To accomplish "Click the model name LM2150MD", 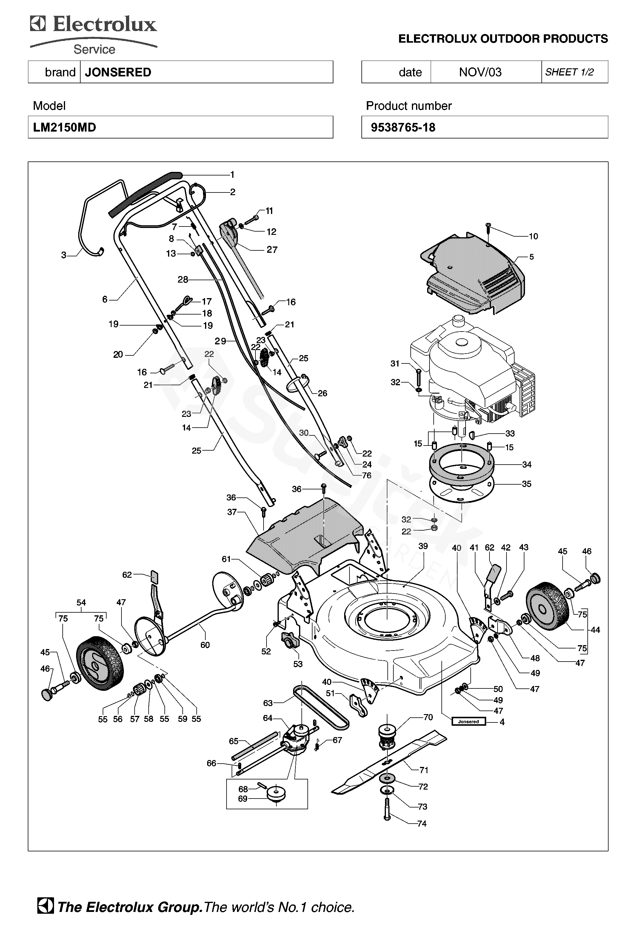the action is pyautogui.click(x=64, y=127).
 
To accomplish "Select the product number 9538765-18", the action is pyautogui.click(x=403, y=127).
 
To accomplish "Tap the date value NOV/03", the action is pyautogui.click(x=480, y=72).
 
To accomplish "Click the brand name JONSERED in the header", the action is pyautogui.click(x=118, y=72).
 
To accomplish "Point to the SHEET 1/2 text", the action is pyautogui.click(x=569, y=72).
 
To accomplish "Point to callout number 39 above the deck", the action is pyautogui.click(x=423, y=546).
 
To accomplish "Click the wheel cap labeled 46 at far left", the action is pyautogui.click(x=47, y=695).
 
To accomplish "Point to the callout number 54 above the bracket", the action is pyautogui.click(x=81, y=602).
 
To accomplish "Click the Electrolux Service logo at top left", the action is pyautogui.click(x=93, y=35).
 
